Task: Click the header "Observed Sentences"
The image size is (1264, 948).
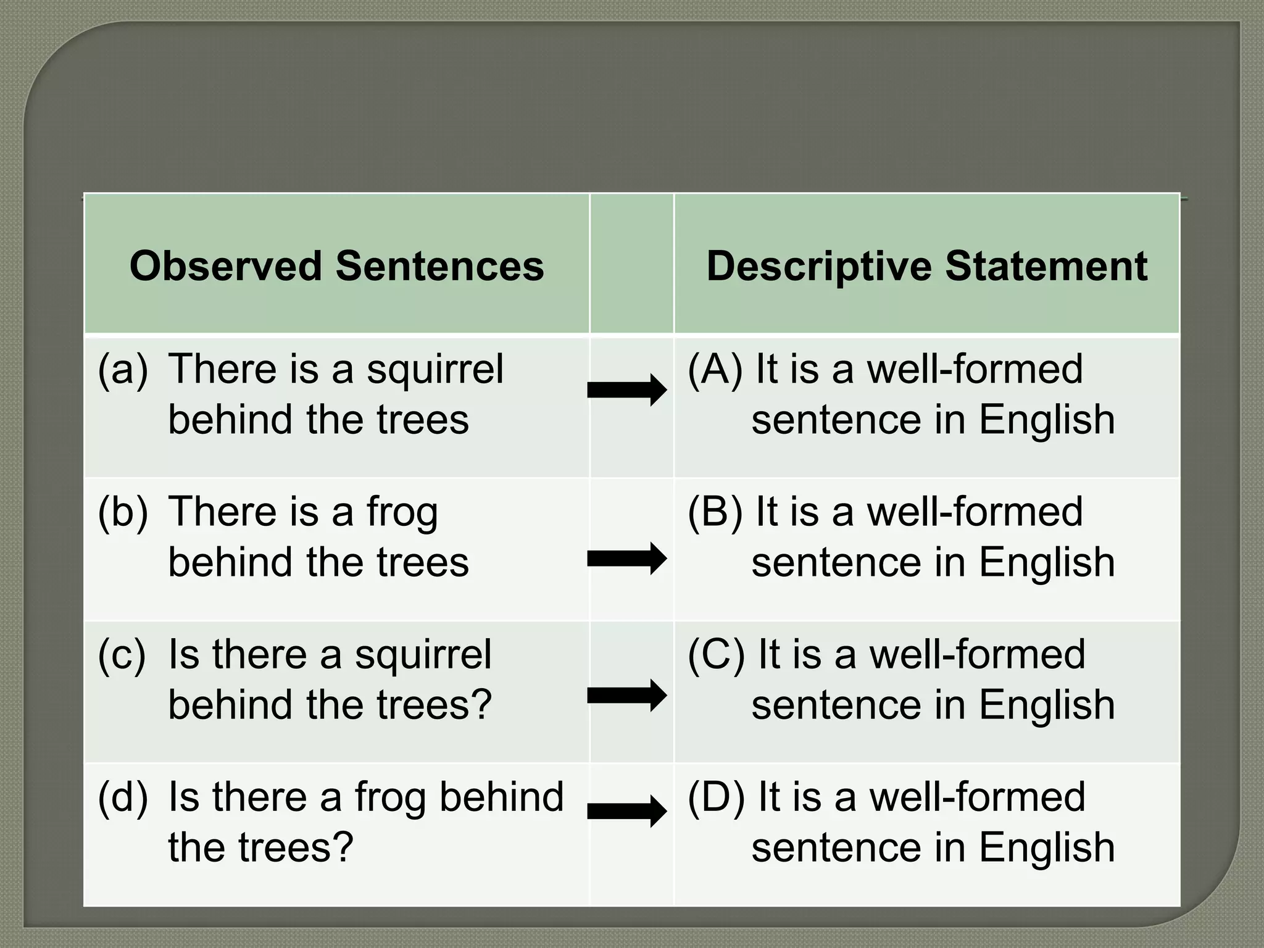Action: click(336, 266)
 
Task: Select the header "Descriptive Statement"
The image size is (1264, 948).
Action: click(926, 266)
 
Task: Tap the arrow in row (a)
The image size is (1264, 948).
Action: click(627, 390)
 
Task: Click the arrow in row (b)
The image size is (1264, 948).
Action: click(627, 559)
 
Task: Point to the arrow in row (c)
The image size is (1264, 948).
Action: click(627, 696)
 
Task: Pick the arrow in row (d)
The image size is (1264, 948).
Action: click(627, 811)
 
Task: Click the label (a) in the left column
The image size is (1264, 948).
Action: click(123, 369)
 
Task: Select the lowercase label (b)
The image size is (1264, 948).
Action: click(123, 512)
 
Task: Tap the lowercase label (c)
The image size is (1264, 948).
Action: click(122, 655)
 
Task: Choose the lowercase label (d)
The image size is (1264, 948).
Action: click(123, 797)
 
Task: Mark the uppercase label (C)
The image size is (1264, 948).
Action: click(716, 655)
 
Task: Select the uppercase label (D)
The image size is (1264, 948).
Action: click(716, 797)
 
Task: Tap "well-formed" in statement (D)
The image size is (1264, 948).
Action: click(977, 797)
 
